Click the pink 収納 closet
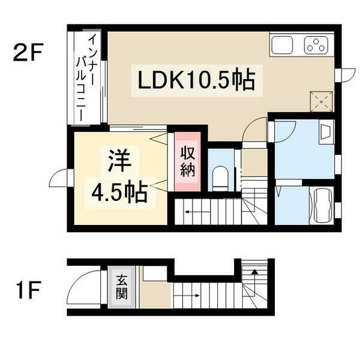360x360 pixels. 187,161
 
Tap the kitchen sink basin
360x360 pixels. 283,46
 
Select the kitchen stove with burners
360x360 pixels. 316,46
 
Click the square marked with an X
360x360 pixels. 321,101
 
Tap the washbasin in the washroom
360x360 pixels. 326,133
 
